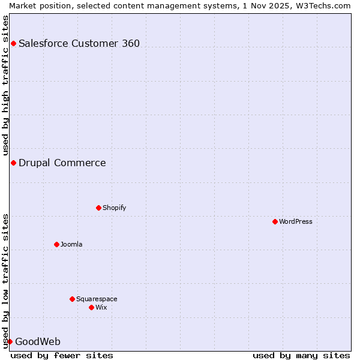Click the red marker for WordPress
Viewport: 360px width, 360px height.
[x=275, y=221]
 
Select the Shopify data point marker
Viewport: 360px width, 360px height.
[x=98, y=208]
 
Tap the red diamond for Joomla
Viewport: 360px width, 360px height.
[x=56, y=244]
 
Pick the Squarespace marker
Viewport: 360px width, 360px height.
[x=72, y=299]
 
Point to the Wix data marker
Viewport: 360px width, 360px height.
[x=91, y=307]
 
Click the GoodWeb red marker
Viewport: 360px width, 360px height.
[x=10, y=341]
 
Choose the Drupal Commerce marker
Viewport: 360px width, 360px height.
[x=13, y=163]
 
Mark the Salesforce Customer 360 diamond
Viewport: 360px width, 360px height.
[x=13, y=43]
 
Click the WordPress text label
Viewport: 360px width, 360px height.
[x=296, y=221]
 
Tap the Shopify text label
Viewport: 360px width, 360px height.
[x=114, y=208]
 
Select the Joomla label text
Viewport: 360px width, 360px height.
[x=71, y=244]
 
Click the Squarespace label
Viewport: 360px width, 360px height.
[x=97, y=299]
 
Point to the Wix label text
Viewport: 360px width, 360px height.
[x=101, y=307]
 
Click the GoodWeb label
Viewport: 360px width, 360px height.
[x=38, y=341]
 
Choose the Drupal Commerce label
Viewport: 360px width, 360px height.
[x=62, y=163]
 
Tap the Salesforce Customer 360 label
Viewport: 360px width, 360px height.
[x=79, y=43]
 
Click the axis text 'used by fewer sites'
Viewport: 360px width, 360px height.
[x=62, y=355]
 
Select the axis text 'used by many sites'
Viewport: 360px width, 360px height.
[x=301, y=355]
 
